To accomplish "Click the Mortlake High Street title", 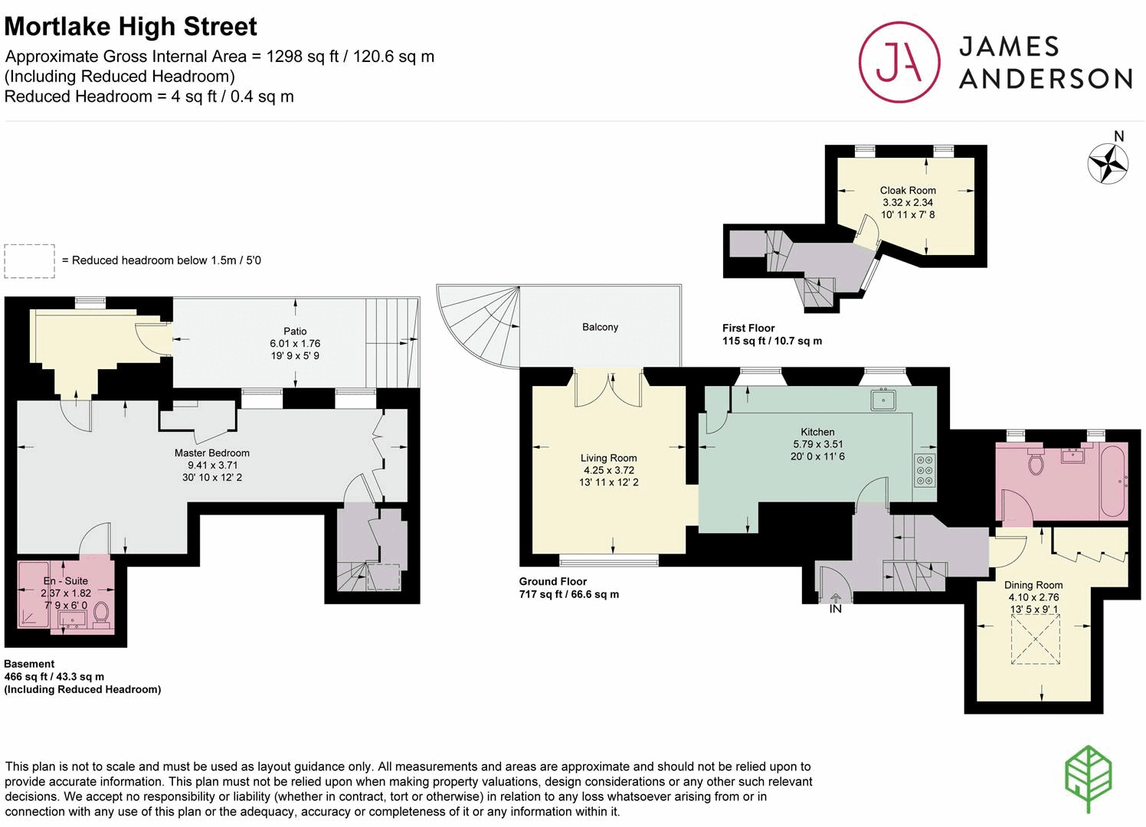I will pyautogui.click(x=131, y=27).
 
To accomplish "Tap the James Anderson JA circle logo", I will pyautogui.click(x=899, y=62).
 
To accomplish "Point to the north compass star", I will pyautogui.click(x=1108, y=163).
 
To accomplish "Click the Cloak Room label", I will pyautogui.click(x=908, y=190).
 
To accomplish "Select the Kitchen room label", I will pyautogui.click(x=817, y=432).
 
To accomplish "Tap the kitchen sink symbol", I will pyautogui.click(x=883, y=400).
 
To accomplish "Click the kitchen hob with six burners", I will pyautogui.click(x=925, y=470).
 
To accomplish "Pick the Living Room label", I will pyautogui.click(x=608, y=458).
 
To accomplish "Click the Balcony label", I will pyautogui.click(x=600, y=327).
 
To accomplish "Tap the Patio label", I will pyautogui.click(x=295, y=332).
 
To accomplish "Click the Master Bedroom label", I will pyautogui.click(x=212, y=453).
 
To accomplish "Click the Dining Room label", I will pyautogui.click(x=1033, y=585).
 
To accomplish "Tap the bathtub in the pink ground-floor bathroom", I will pyautogui.click(x=1112, y=482).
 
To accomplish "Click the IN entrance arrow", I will pyautogui.click(x=835, y=599).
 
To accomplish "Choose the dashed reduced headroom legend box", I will pyautogui.click(x=29, y=260).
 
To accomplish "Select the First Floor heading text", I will pyautogui.click(x=748, y=328).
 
